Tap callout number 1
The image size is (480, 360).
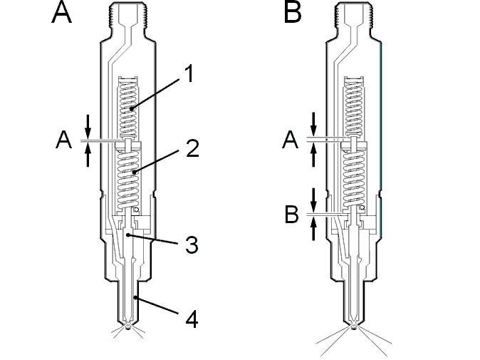[x=190, y=73]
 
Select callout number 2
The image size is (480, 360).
[x=192, y=148]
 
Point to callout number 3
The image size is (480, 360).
[x=192, y=245]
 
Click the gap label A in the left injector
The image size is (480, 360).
[x=63, y=140]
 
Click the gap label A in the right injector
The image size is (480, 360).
[x=290, y=140]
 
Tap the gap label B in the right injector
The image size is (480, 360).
[x=291, y=215]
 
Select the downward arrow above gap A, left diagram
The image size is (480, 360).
[x=88, y=126]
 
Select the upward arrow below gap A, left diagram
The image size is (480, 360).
[x=88, y=155]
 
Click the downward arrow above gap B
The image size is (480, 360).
[x=313, y=199]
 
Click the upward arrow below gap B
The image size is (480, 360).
[x=313, y=229]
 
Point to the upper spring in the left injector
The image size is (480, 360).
[x=128, y=108]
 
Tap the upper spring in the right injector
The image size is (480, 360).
[x=354, y=107]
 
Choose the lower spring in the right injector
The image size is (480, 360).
[x=354, y=178]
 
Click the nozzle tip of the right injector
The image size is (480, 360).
[x=354, y=326]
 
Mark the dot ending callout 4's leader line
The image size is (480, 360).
[x=135, y=297]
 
